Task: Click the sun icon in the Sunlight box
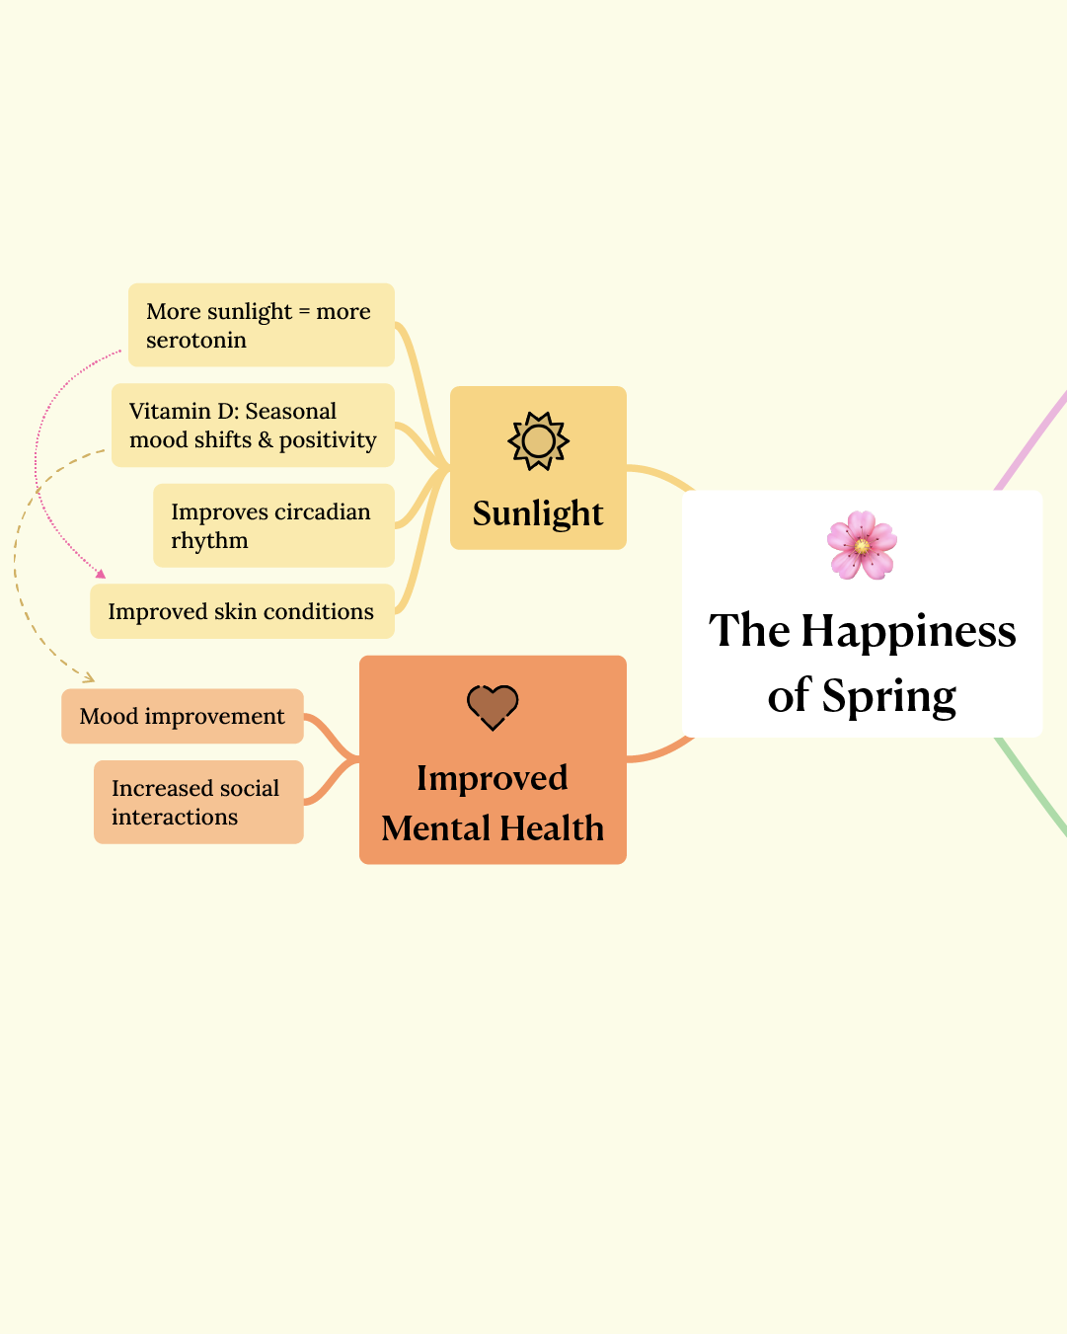[x=538, y=440]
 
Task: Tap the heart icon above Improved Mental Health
[x=493, y=707]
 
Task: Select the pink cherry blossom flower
[x=862, y=545]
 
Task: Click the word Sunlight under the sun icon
[x=538, y=513]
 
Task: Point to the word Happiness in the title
[x=908, y=630]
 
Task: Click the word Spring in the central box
[x=889, y=695]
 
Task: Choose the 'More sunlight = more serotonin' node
[x=261, y=325]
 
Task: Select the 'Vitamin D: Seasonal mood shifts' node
[x=253, y=426]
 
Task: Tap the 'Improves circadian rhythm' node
[x=273, y=525]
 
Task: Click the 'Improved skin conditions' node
[x=242, y=611]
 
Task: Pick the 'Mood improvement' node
[x=183, y=716]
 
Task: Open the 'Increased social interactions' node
[x=198, y=802]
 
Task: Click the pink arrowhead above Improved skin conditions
[x=101, y=574]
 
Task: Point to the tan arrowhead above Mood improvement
[x=89, y=677]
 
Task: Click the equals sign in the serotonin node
[x=304, y=312]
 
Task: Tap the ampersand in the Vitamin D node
[x=266, y=440]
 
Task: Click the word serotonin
[x=195, y=341]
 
